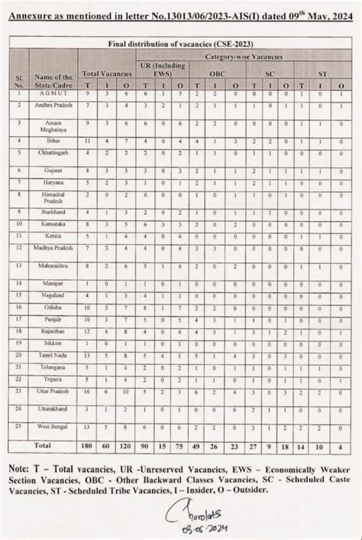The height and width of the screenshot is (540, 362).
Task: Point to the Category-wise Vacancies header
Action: click(x=244, y=57)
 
